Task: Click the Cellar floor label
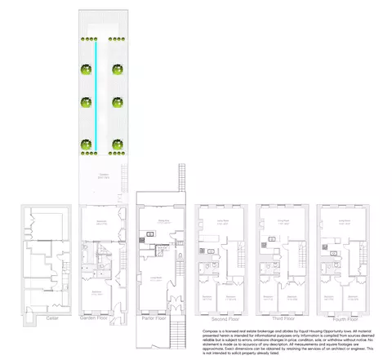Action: [51, 318]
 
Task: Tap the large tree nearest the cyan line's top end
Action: [84, 69]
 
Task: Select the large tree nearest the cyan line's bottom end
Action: [84, 147]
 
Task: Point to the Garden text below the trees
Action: [104, 174]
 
